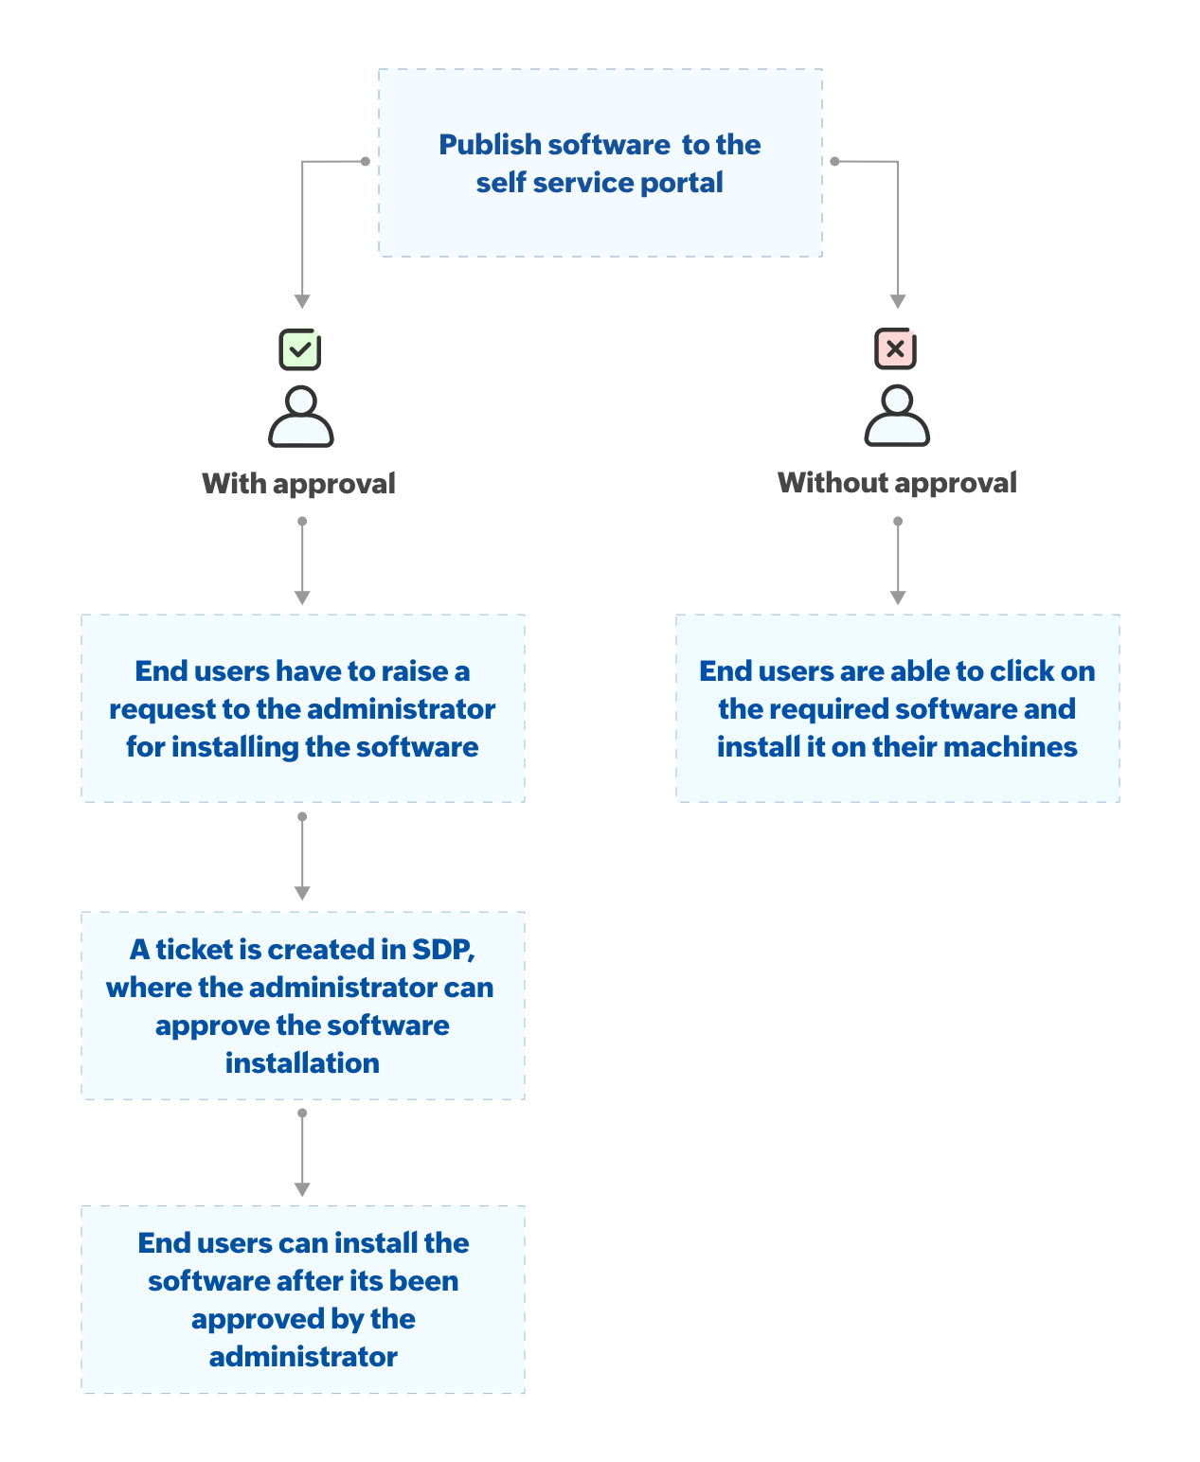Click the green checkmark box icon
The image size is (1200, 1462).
click(x=300, y=349)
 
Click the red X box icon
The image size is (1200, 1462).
click(x=895, y=348)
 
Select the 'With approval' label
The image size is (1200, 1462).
click(x=298, y=484)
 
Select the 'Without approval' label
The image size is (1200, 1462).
click(x=897, y=483)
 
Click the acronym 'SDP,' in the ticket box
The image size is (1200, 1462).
click(x=442, y=950)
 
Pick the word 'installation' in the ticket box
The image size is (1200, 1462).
click(x=302, y=1063)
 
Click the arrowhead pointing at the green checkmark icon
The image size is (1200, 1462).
click(x=302, y=301)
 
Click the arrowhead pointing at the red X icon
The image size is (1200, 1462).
click(x=897, y=301)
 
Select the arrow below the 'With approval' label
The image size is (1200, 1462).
click(x=302, y=562)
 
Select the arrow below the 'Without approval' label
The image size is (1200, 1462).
click(x=897, y=562)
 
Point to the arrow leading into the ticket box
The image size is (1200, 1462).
click(x=302, y=858)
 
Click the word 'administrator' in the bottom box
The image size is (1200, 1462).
click(x=303, y=1357)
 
